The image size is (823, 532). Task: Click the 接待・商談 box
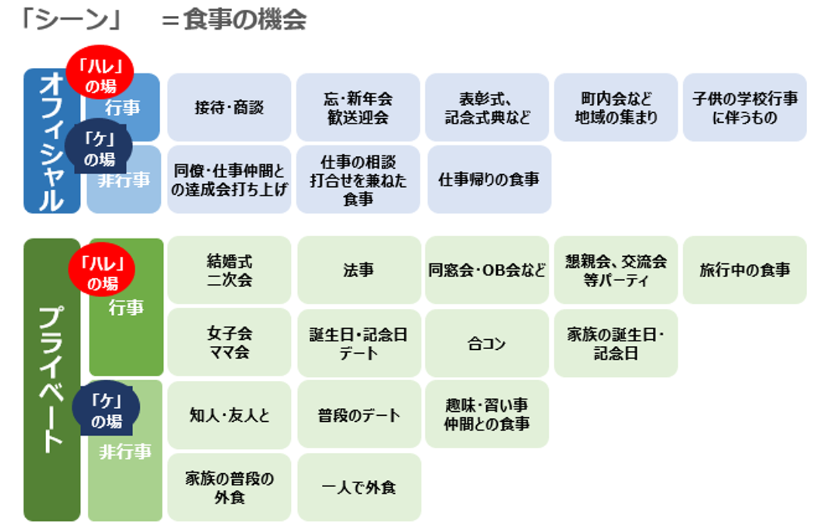[x=229, y=108]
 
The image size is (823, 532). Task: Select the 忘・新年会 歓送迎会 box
[x=358, y=108]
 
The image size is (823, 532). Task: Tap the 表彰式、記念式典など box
[x=487, y=108]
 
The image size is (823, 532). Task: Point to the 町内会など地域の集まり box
[x=615, y=108]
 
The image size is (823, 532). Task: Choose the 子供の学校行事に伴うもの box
[x=745, y=108]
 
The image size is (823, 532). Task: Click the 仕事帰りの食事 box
[x=489, y=180]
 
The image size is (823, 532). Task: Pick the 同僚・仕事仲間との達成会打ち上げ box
[x=229, y=180]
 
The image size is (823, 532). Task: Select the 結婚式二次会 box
[x=229, y=270]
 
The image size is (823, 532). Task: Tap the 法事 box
[x=359, y=270]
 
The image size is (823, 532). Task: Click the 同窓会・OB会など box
[x=487, y=270]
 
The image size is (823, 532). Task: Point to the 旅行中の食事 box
[x=745, y=270]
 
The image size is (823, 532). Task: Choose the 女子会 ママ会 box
[x=229, y=342]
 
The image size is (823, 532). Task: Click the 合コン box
[x=487, y=343]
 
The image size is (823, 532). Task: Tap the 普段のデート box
[x=359, y=415]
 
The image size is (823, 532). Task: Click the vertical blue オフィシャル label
[x=51, y=141]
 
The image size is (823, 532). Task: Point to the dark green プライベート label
[x=51, y=380]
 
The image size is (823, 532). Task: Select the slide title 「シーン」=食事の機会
[x=162, y=20]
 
